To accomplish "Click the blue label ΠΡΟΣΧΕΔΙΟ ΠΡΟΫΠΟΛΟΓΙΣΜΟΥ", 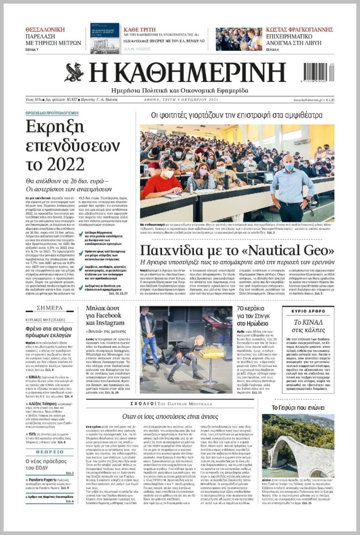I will (52, 113).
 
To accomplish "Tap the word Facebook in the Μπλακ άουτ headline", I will (103, 315).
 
